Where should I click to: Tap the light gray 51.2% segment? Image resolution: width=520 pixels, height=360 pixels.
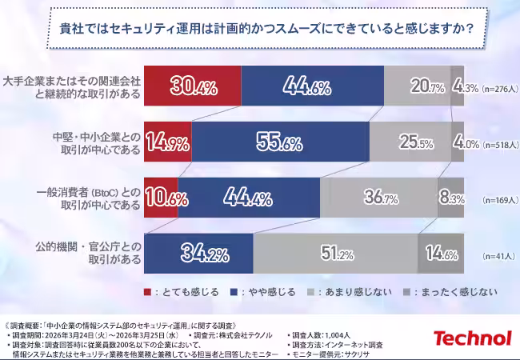[x=336, y=254]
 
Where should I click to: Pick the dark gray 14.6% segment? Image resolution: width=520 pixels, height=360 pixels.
[x=441, y=254]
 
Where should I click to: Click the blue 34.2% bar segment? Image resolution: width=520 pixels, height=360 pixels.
[x=199, y=254]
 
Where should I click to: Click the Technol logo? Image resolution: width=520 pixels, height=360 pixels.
[x=471, y=339]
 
